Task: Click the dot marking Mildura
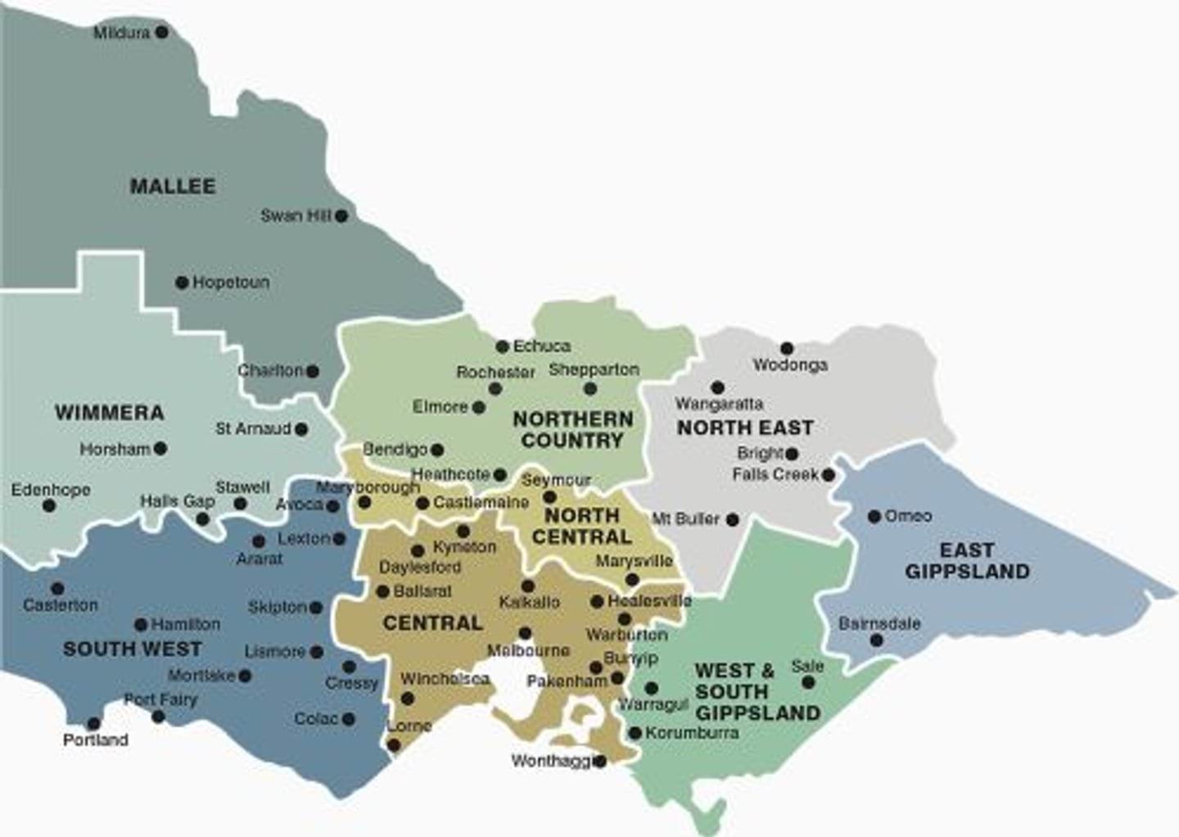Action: click(x=162, y=32)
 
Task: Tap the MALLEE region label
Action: click(x=173, y=187)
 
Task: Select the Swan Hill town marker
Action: click(x=341, y=216)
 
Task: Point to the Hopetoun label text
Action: click(x=231, y=283)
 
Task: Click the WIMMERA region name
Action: click(x=109, y=413)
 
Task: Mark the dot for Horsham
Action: click(x=160, y=449)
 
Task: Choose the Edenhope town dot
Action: click(x=49, y=506)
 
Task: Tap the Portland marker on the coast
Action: click(x=93, y=724)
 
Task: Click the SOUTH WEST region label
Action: click(x=132, y=649)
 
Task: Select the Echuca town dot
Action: click(x=503, y=346)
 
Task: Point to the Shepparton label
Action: click(x=594, y=370)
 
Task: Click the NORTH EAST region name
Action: click(x=745, y=428)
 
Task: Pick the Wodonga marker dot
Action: click(x=787, y=348)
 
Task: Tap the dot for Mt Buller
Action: click(x=733, y=519)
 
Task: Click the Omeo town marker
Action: click(x=874, y=516)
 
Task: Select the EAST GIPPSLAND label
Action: click(x=967, y=561)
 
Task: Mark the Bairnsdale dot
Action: click(x=877, y=640)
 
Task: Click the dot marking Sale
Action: click(x=809, y=682)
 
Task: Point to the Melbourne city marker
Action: click(x=525, y=633)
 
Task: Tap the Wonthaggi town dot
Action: click(x=600, y=762)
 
